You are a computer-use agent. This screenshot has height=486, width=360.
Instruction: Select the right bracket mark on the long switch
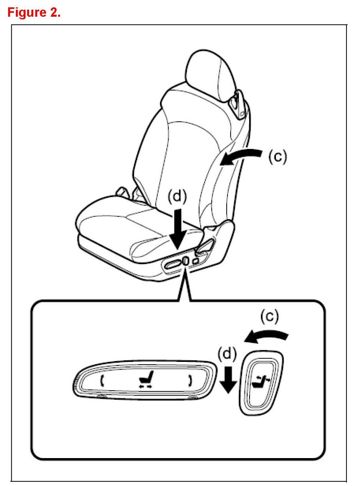click(190, 380)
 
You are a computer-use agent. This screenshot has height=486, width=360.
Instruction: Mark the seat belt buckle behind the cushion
click(122, 191)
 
